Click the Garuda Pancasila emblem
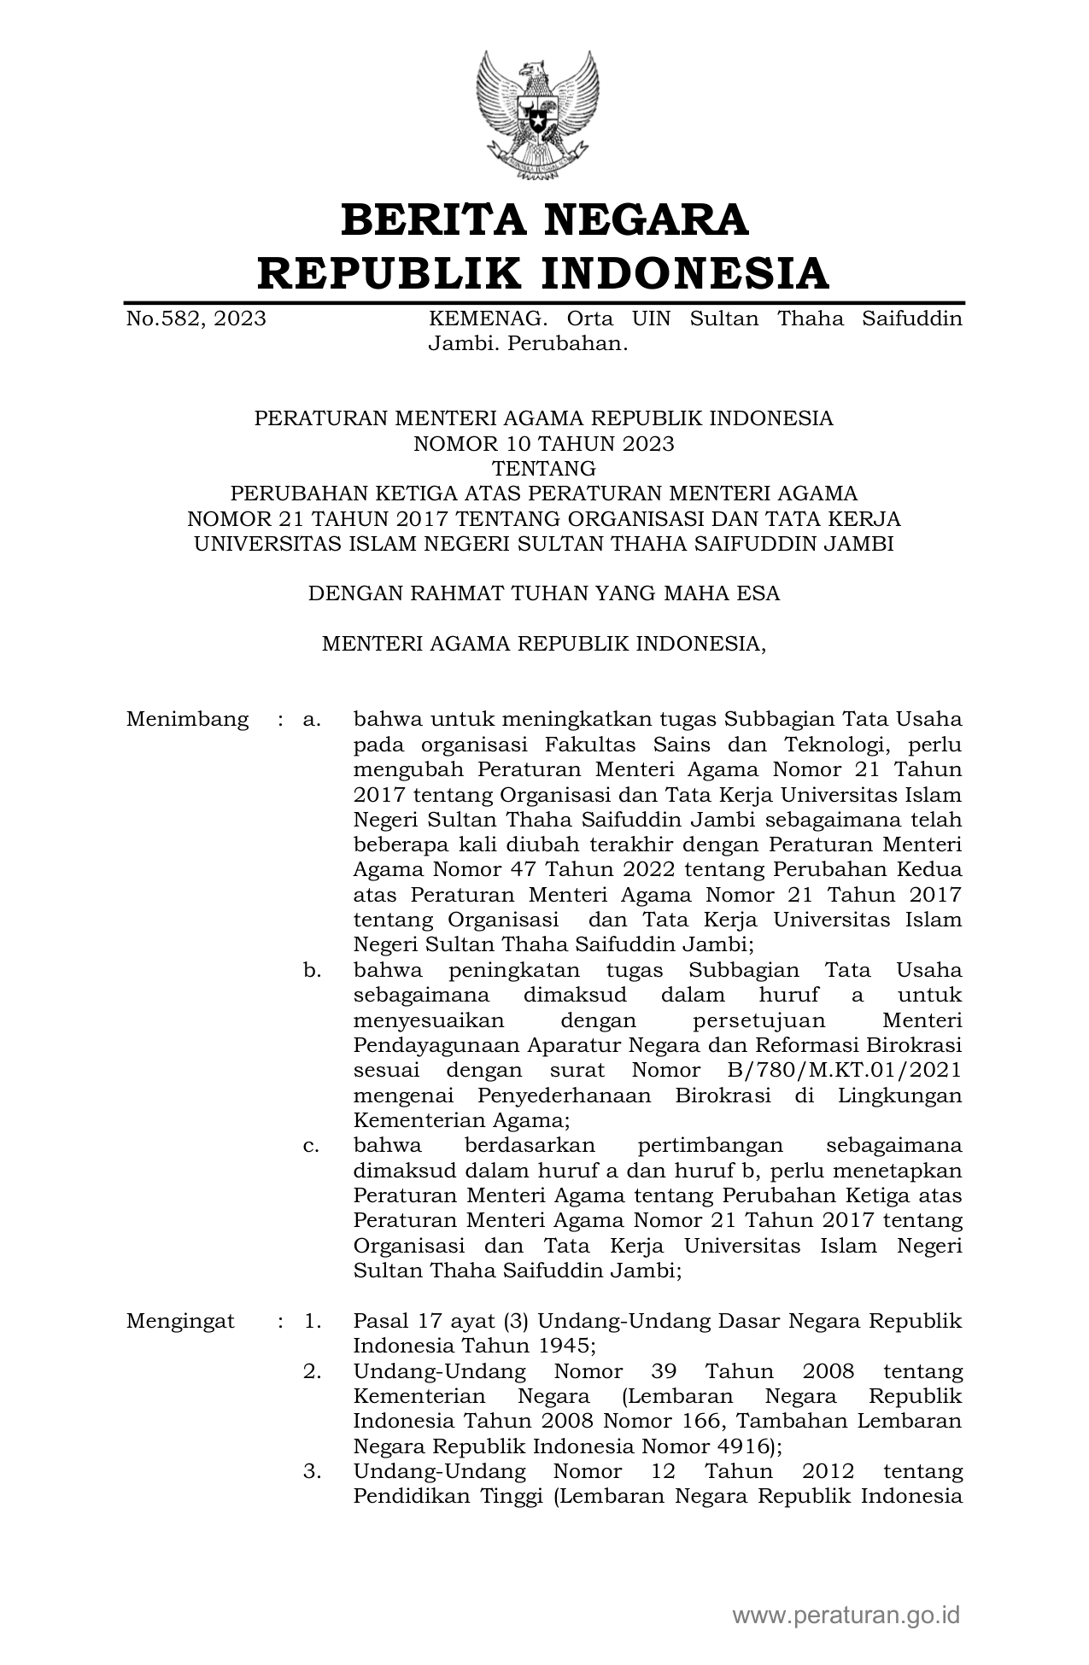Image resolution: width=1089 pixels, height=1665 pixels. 544,115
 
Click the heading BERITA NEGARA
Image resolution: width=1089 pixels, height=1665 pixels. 544,219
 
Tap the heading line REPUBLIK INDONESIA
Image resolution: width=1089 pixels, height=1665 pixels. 544,273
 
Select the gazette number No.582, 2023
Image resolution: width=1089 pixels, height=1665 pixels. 196,319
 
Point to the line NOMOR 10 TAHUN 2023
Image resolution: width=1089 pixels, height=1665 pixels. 544,444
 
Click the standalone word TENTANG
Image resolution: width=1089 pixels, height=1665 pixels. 544,469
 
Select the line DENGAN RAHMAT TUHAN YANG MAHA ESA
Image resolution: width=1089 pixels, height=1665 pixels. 544,593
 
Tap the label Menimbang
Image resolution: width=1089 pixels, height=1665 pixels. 187,720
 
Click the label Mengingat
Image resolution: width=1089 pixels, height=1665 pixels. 180,1322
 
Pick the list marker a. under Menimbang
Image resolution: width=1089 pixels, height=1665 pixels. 312,720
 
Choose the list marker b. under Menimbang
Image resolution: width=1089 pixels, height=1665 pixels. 312,971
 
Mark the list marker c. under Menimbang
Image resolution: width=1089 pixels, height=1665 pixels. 312,1146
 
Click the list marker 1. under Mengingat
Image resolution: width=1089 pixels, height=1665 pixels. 313,1322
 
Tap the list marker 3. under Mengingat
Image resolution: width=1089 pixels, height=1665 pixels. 313,1472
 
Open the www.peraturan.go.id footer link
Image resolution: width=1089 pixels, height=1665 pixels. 846,1615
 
